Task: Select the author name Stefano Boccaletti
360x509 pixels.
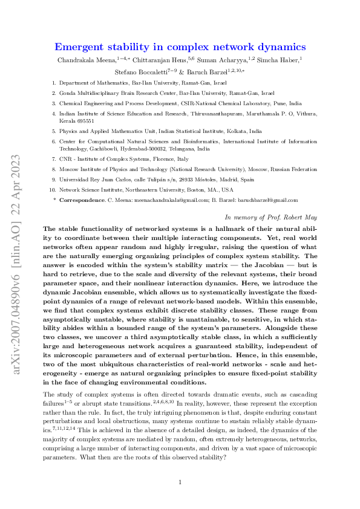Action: pos(144,71)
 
